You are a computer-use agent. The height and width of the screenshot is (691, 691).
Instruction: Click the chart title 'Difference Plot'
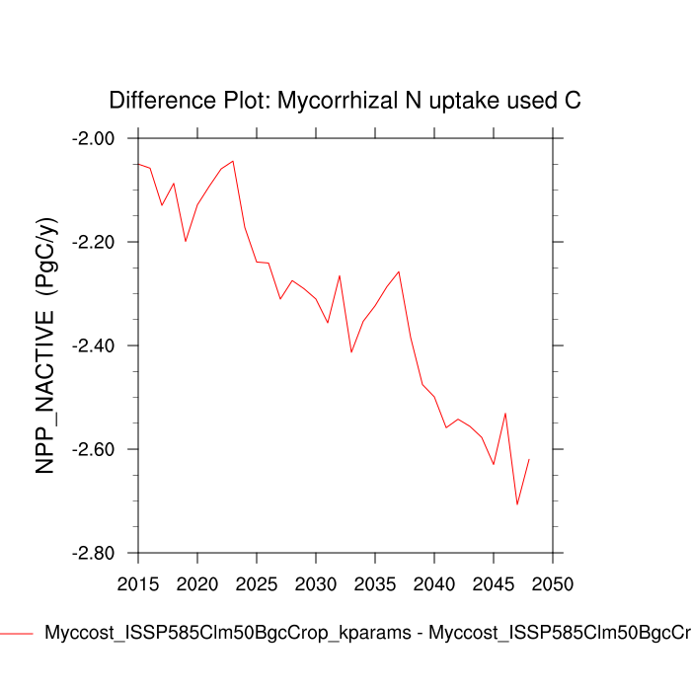[x=345, y=100]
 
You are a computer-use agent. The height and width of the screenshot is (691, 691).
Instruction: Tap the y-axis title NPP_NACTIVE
[x=47, y=345]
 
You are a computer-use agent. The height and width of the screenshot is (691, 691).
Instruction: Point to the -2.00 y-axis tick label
[x=95, y=138]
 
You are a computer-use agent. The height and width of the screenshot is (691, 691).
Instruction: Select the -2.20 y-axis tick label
[x=95, y=242]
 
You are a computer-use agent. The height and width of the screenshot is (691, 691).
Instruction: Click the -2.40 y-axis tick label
[x=95, y=345]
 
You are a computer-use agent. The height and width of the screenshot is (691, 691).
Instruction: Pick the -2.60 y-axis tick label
[x=95, y=449]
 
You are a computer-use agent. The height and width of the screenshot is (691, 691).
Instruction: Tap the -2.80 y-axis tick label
[x=95, y=553]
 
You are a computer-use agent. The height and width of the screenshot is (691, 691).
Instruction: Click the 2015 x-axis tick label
[x=137, y=584]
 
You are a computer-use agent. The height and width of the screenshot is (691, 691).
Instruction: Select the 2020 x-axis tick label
[x=196, y=584]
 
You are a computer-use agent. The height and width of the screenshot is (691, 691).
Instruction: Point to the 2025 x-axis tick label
[x=256, y=584]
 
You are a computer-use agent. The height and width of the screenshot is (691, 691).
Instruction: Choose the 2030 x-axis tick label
[x=315, y=584]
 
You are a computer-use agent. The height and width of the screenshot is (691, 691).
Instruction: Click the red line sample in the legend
[x=17, y=633]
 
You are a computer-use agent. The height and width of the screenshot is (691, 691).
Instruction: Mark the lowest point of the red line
[x=517, y=505]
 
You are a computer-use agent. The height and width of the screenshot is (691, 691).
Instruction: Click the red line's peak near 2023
[x=233, y=160]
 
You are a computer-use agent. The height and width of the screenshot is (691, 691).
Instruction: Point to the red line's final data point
[x=530, y=459]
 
